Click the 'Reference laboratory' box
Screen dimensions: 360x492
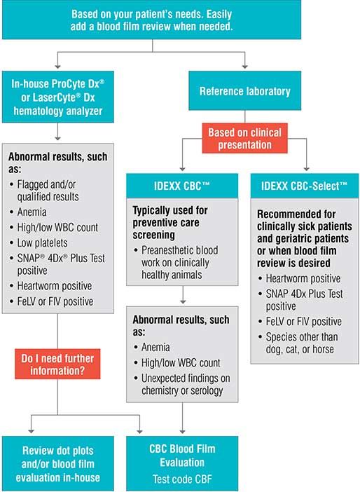(244, 90)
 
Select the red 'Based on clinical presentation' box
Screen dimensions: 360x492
(244, 138)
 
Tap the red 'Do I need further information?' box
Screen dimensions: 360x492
(57, 364)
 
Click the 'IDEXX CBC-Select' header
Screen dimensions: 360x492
(305, 186)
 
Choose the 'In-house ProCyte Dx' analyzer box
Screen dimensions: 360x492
(57, 97)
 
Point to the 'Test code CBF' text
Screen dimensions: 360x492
(182, 479)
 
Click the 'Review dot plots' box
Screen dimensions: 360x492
(57, 463)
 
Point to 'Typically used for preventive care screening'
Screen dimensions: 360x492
(170, 222)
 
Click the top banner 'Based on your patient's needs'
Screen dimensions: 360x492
(151, 20)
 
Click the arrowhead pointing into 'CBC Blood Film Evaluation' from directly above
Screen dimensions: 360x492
(183, 432)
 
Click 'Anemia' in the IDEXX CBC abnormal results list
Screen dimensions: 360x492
(155, 348)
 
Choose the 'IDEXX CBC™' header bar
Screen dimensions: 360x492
(182, 186)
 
